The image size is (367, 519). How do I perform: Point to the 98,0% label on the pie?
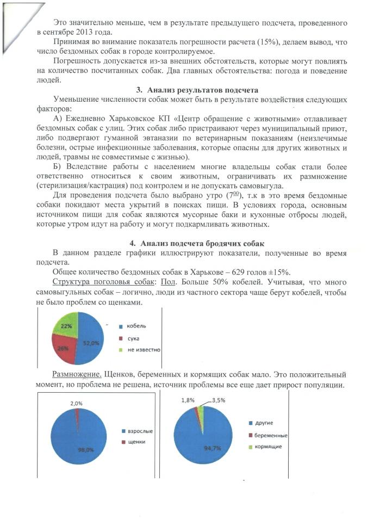tap(82, 450)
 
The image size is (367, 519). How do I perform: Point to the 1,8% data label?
tap(187, 400)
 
